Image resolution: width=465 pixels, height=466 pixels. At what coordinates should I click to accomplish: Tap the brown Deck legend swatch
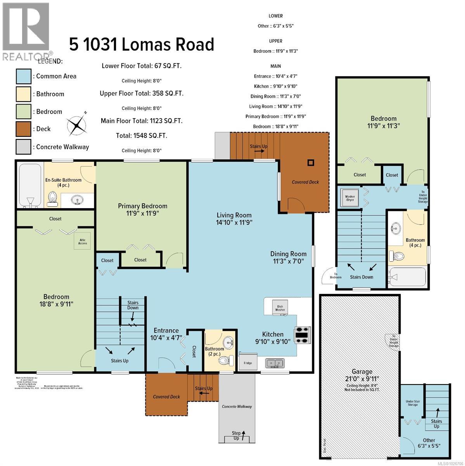pos(23,129)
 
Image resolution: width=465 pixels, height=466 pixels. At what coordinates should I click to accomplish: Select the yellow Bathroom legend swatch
pos(23,94)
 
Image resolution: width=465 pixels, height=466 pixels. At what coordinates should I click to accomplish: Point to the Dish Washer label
pos(280,308)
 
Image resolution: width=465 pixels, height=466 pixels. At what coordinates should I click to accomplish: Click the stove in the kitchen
pos(303,335)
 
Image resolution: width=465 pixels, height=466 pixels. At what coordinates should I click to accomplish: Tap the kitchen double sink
pos(275,363)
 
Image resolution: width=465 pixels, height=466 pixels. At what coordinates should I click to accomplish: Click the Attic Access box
pos(83,242)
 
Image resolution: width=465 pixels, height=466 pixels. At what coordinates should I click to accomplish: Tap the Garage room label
pos(362,372)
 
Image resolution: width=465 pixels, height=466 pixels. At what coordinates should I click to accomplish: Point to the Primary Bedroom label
pos(142,206)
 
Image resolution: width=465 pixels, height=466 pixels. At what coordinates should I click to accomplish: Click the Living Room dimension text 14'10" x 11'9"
pos(234,223)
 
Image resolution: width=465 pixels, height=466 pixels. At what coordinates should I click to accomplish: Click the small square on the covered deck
pos(310,163)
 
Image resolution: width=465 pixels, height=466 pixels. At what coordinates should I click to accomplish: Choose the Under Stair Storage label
pos(412,402)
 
